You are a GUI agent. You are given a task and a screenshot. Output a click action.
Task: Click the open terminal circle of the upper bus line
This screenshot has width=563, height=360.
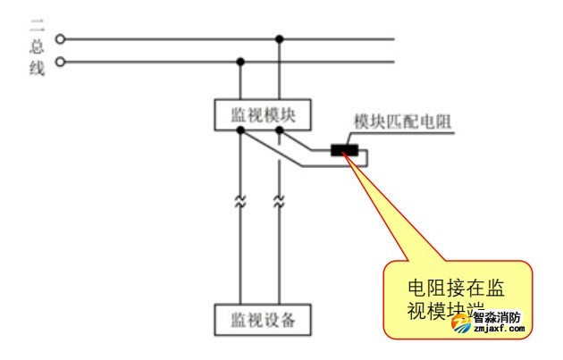[61, 39]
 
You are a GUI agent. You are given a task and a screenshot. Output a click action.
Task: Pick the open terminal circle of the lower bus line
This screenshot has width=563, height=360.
[61, 62]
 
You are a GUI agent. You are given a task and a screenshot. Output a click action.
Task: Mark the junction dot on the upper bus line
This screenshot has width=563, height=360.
[281, 39]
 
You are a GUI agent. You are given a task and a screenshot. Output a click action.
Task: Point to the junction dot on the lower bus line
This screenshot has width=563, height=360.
[239, 62]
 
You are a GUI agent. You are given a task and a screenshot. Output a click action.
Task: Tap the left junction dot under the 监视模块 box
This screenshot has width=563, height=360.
[239, 130]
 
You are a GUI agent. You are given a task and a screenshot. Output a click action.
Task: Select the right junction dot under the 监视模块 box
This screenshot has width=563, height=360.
[281, 130]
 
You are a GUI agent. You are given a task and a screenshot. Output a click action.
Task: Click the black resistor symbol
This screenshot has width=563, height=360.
[344, 149]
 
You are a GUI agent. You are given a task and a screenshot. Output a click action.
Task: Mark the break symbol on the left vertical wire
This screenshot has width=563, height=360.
[239, 202]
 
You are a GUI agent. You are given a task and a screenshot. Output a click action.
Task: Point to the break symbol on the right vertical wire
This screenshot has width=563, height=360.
[281, 202]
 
